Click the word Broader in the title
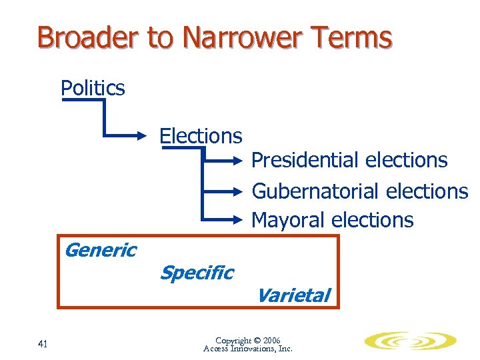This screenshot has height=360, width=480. [89, 38]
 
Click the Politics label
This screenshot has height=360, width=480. [93, 88]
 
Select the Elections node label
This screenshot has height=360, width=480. [200, 136]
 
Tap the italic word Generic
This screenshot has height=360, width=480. [100, 250]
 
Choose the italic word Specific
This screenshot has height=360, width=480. [197, 272]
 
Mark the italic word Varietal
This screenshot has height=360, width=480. [293, 295]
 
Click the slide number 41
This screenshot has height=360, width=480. [43, 344]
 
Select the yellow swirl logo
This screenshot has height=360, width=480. [410, 342]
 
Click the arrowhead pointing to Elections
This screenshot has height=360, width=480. [149, 137]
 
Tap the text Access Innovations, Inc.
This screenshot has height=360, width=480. [248, 349]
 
